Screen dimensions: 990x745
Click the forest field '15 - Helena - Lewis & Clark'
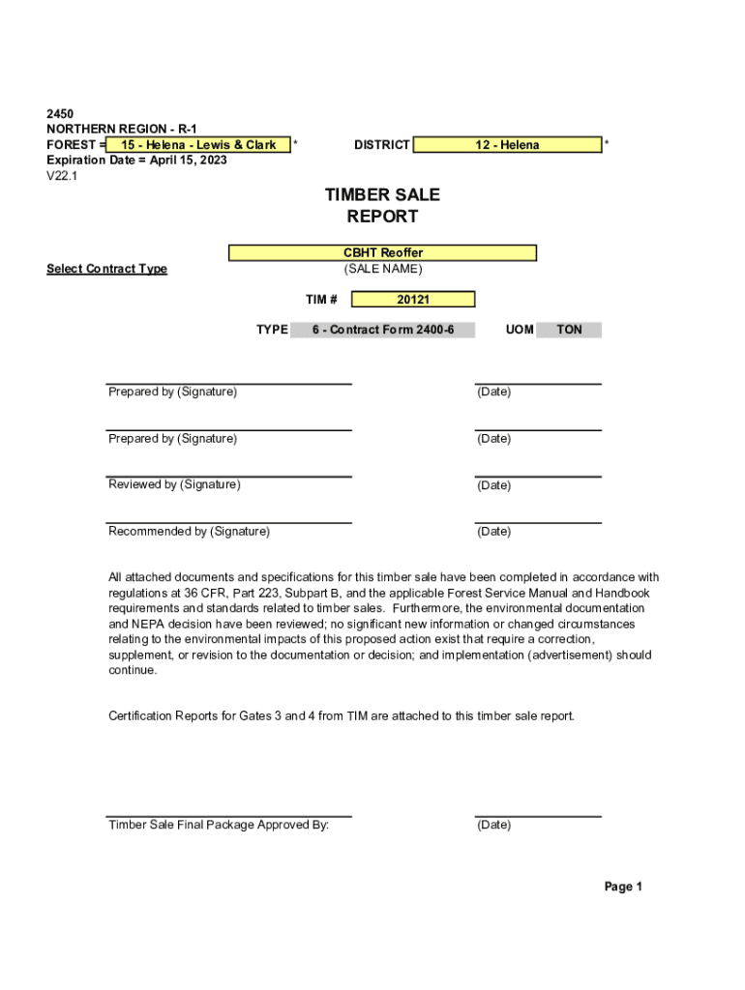pyautogui.click(x=198, y=145)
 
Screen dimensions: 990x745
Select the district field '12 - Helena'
pyautogui.click(x=507, y=145)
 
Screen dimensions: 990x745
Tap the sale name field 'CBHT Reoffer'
pyautogui.click(x=382, y=253)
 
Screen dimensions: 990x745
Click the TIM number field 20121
pyautogui.click(x=413, y=300)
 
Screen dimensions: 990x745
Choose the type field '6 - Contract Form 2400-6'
pyautogui.click(x=383, y=330)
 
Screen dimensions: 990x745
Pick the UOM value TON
pyautogui.click(x=570, y=330)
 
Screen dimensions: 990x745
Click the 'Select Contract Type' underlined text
pyautogui.click(x=106, y=269)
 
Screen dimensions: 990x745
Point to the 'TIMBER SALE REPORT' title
pyautogui.click(x=382, y=206)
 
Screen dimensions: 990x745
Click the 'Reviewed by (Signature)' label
pyautogui.click(x=174, y=484)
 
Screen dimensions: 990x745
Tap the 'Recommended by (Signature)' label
pyautogui.click(x=189, y=532)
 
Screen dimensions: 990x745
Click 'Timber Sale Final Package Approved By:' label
pyautogui.click(x=219, y=825)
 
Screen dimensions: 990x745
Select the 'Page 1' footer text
pyautogui.click(x=623, y=887)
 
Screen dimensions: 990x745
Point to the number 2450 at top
pyautogui.click(x=60, y=114)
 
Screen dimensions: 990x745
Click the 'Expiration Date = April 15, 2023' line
pyautogui.click(x=136, y=160)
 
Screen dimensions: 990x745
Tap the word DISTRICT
pyautogui.click(x=381, y=145)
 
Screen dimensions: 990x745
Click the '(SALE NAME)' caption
pyautogui.click(x=383, y=269)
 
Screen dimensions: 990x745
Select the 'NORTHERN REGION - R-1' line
pyautogui.click(x=122, y=130)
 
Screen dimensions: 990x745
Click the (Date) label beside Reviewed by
pyautogui.click(x=493, y=485)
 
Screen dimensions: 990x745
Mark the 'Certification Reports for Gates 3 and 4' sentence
pyautogui.click(x=342, y=716)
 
